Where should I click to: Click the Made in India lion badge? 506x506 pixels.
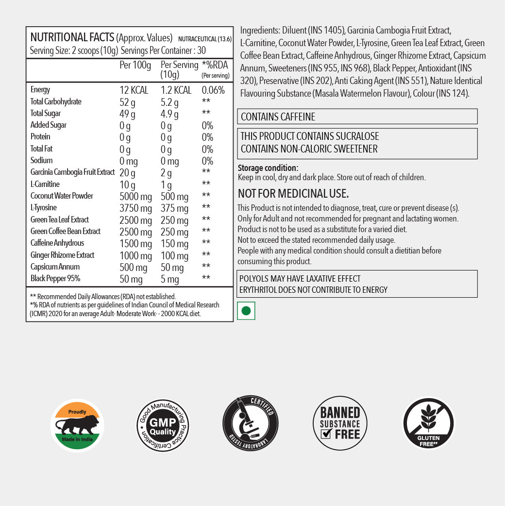pos(78,425)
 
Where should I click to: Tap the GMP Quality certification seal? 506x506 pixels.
pos(162,425)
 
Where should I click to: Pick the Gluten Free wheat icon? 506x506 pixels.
pos(428,423)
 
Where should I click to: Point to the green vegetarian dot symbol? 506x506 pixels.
pos(246,311)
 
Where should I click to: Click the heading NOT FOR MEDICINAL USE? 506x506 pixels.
pos(293,194)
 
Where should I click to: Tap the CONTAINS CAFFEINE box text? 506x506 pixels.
pos(278,117)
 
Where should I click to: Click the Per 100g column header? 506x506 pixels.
pos(135,65)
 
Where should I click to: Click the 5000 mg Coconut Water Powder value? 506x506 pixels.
pos(135,196)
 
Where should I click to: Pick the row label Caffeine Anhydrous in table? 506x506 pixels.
pos(57,243)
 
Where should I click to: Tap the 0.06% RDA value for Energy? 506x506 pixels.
pos(213,90)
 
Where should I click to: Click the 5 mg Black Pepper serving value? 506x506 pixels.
pos(169,279)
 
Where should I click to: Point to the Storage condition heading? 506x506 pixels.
pos(268,168)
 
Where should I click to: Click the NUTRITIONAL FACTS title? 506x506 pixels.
pos(72,38)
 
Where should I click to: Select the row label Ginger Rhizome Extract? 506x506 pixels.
pos(62,255)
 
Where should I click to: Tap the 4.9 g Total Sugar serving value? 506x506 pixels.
pos(169,114)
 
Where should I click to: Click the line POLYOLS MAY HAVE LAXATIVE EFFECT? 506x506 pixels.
pos(300,279)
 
